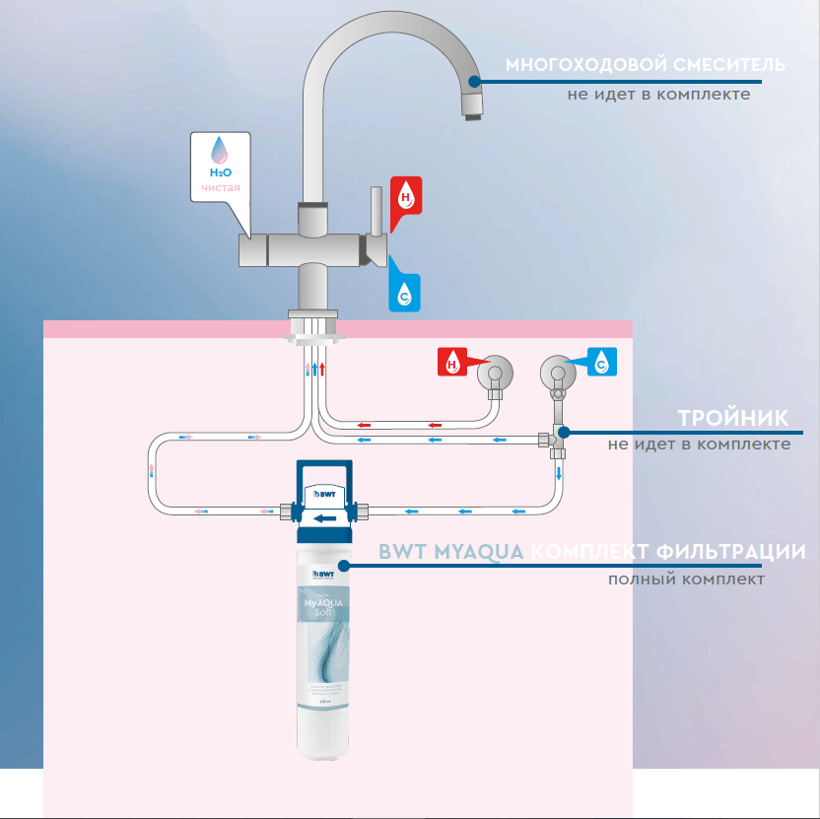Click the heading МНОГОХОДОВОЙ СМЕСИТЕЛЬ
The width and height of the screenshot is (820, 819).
click(x=646, y=66)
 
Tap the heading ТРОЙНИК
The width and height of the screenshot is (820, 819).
click(x=733, y=417)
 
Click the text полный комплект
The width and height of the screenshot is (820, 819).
click(x=686, y=579)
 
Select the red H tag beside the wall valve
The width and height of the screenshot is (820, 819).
click(x=452, y=363)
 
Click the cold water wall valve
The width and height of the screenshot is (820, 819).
click(x=557, y=375)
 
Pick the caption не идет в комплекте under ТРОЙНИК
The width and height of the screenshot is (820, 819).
click(x=699, y=444)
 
